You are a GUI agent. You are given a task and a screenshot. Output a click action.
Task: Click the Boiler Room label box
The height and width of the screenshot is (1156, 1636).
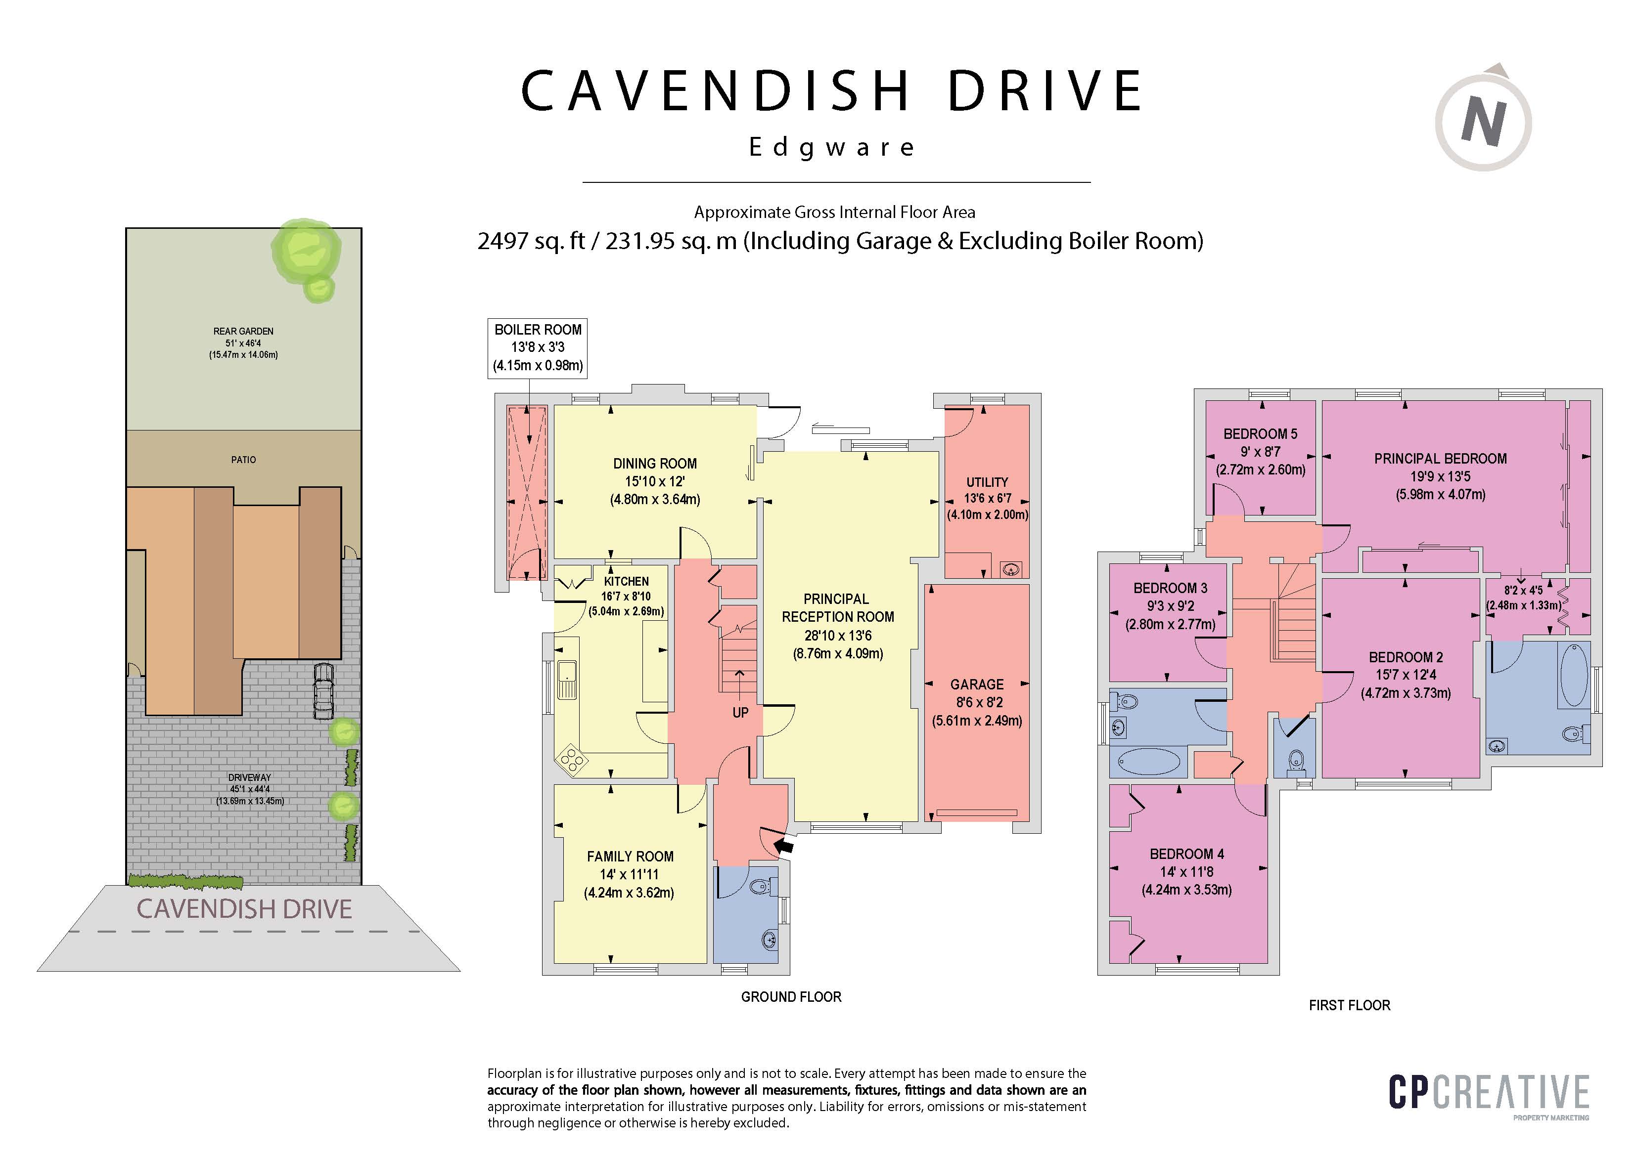[x=537, y=347]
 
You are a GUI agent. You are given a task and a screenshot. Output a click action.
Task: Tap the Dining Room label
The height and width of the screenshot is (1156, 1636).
[x=655, y=464]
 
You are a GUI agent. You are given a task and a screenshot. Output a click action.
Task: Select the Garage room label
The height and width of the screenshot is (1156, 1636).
[x=977, y=685]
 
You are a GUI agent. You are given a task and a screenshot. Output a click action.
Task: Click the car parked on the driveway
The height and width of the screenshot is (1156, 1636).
[x=323, y=691]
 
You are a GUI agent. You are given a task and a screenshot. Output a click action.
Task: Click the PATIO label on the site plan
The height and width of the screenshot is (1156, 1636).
[x=243, y=460]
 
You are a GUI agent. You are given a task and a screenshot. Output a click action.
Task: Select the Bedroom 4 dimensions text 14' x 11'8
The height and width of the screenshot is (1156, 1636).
[x=1186, y=872]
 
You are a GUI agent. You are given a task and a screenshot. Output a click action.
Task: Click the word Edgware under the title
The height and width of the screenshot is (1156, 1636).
[x=831, y=147]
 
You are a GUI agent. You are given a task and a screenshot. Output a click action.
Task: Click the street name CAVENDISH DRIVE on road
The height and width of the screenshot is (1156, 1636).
[x=244, y=909]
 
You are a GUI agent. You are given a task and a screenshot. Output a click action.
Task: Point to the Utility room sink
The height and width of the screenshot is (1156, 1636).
[x=1011, y=569]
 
